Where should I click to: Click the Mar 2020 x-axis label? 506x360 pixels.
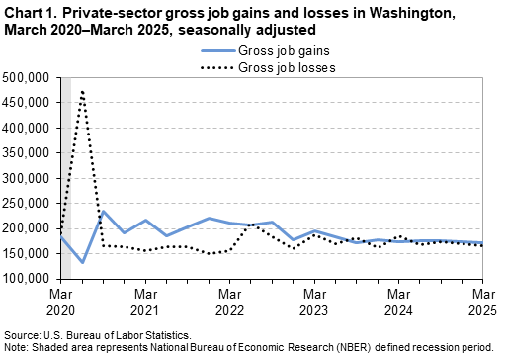(61, 301)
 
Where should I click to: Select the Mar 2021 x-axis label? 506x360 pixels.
(145, 301)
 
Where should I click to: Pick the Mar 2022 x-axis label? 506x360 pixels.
(230, 301)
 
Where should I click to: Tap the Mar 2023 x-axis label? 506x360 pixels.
(314, 301)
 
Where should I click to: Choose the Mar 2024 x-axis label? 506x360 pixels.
(399, 301)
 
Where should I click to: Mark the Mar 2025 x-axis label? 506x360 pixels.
(482, 301)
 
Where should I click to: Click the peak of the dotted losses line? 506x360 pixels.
(82, 91)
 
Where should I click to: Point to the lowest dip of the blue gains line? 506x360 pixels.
(82, 262)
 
